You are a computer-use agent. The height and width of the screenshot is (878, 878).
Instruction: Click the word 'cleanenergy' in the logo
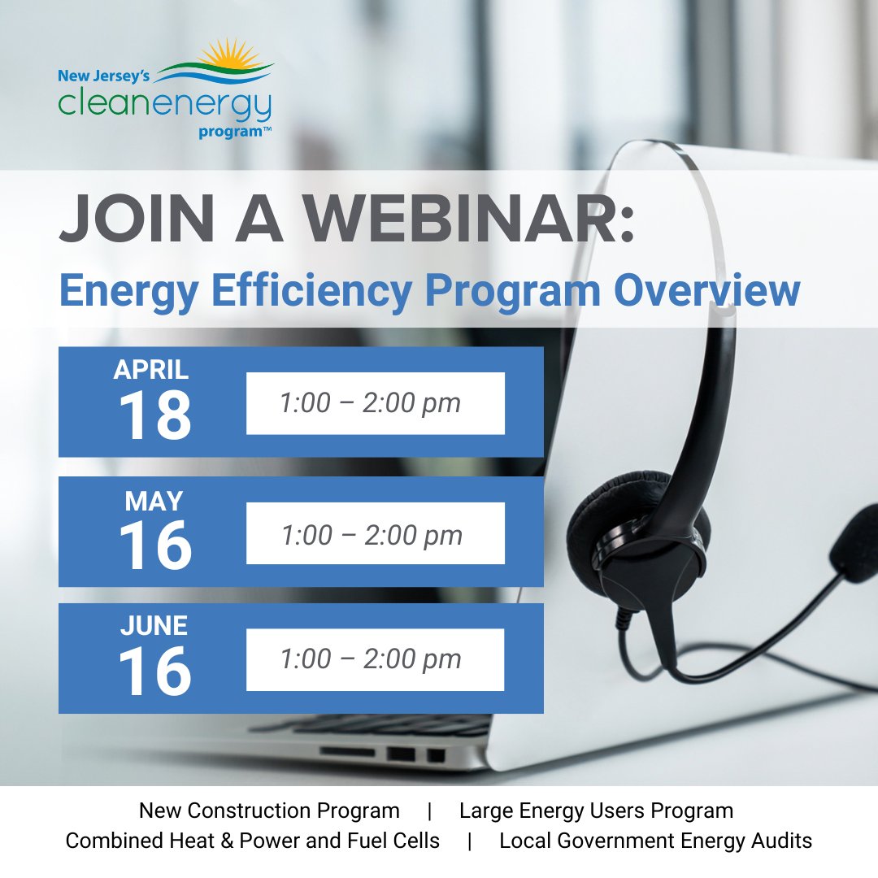point(163,106)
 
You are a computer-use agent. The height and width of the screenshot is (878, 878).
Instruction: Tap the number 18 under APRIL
point(154,416)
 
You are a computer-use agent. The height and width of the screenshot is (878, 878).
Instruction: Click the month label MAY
point(154,501)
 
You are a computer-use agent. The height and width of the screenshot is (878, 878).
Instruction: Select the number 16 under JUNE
point(154,672)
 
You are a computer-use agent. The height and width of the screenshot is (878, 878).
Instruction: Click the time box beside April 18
point(375,403)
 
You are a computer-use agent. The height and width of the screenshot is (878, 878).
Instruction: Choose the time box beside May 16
point(375,535)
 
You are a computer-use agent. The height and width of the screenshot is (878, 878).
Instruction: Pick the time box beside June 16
point(375,659)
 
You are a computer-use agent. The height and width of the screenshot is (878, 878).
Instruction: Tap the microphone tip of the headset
point(854,541)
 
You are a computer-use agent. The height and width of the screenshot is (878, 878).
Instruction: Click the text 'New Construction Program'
point(269,811)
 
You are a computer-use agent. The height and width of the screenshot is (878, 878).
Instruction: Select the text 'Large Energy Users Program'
point(596,811)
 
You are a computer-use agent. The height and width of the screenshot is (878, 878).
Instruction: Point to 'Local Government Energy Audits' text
point(655,841)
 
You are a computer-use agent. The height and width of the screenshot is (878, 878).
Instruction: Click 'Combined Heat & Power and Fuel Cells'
point(253,841)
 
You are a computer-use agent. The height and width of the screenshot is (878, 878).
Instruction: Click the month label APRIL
point(151,370)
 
